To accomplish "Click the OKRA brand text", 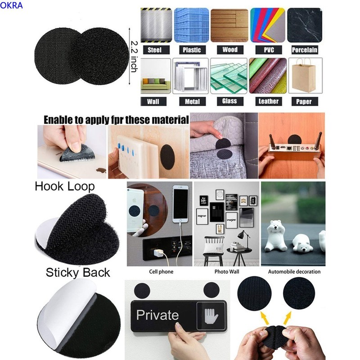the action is click(11, 5).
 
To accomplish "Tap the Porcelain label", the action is click(305, 50).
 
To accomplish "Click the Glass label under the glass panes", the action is click(229, 101).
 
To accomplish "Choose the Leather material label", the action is click(268, 101).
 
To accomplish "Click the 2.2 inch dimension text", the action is click(134, 57).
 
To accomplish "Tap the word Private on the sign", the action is click(157, 315).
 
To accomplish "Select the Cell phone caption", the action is click(161, 272).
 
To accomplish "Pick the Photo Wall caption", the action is click(227, 272).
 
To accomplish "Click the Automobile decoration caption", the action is click(294, 272).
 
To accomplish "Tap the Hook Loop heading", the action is click(65, 186).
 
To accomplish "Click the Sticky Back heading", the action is click(78, 273).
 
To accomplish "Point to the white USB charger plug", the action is click(158, 253).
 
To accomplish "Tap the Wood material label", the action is click(230, 49).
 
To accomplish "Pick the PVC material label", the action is click(269, 50).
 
